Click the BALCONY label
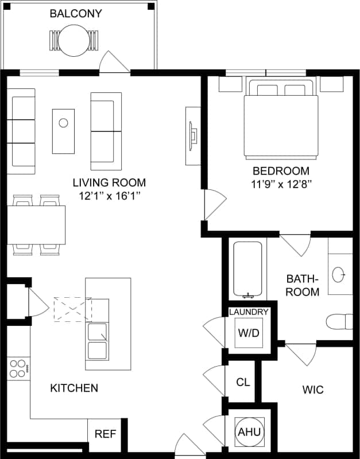76,13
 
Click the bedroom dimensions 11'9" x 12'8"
281,184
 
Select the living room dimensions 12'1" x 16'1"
109,196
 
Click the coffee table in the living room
63,131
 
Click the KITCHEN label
74,388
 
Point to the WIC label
313,390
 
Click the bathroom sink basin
340,274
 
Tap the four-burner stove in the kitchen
18,368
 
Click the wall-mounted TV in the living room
193,135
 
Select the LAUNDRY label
249,312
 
